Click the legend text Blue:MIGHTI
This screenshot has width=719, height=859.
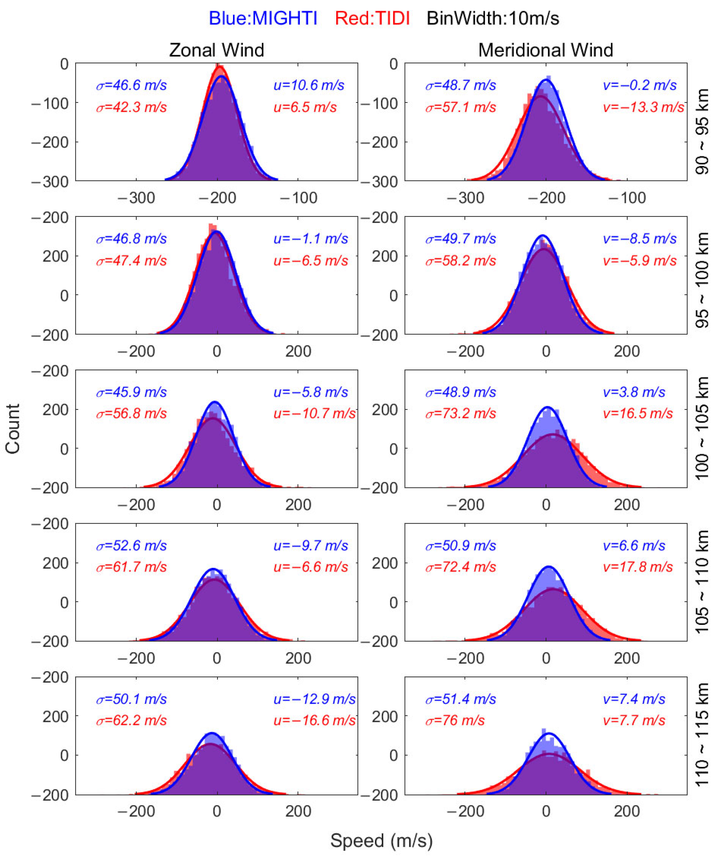tap(263, 19)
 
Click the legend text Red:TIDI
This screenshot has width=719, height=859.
tap(372, 19)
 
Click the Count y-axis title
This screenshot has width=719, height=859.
tap(13, 429)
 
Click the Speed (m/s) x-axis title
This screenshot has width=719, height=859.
tap(381, 840)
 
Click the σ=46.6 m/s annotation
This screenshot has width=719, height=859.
tap(131, 85)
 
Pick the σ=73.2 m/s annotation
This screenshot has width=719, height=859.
tap(460, 414)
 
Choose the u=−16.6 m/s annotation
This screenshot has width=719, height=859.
tap(314, 720)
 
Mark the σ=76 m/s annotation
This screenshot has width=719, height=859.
tap(455, 720)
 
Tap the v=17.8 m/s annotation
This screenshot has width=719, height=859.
tap(638, 567)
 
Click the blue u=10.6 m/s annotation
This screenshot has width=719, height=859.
tap(309, 85)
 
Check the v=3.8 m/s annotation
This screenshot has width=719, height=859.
tap(634, 392)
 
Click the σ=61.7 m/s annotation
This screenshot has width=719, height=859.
tap(131, 567)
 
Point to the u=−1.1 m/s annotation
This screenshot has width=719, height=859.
tap(310, 239)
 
